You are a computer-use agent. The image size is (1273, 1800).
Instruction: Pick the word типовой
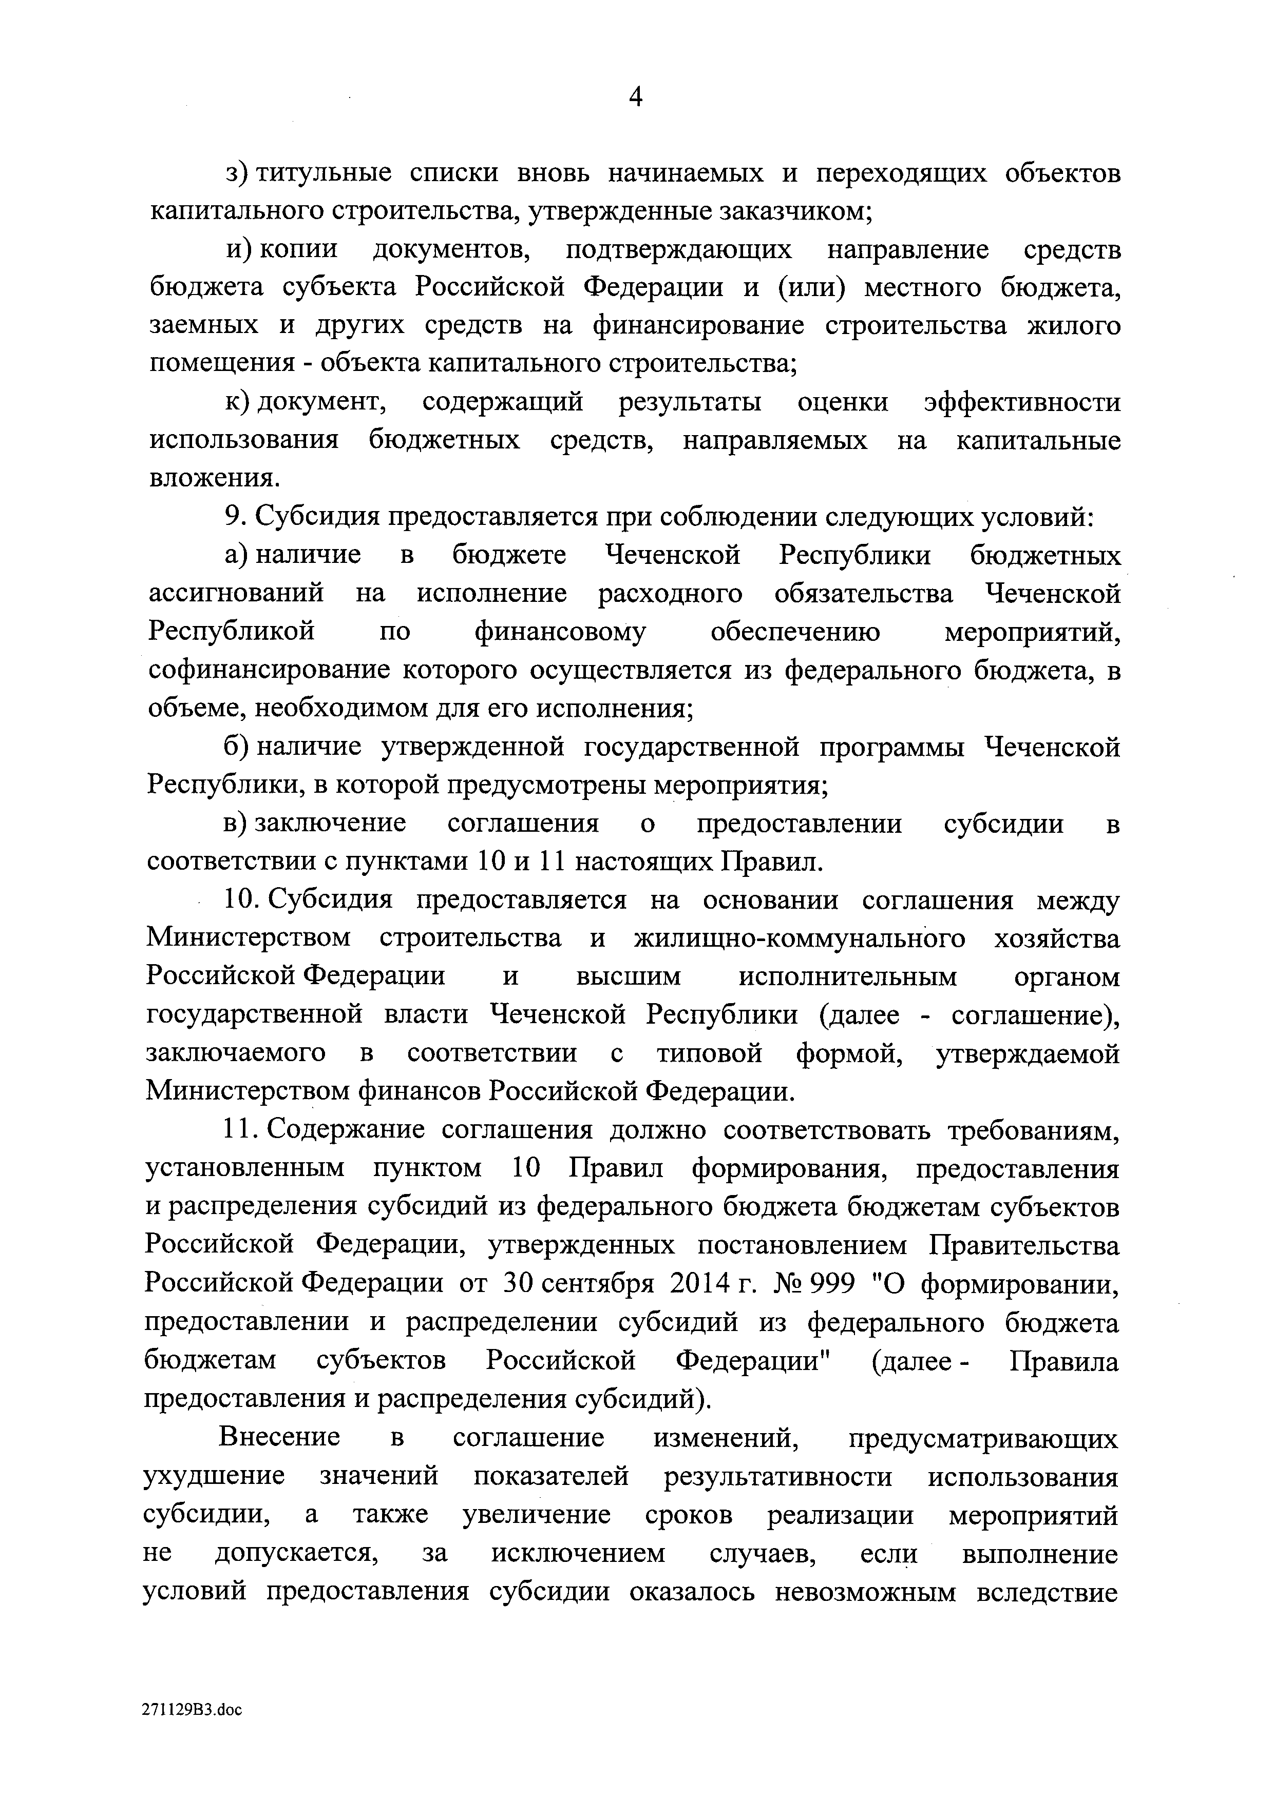709,1053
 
